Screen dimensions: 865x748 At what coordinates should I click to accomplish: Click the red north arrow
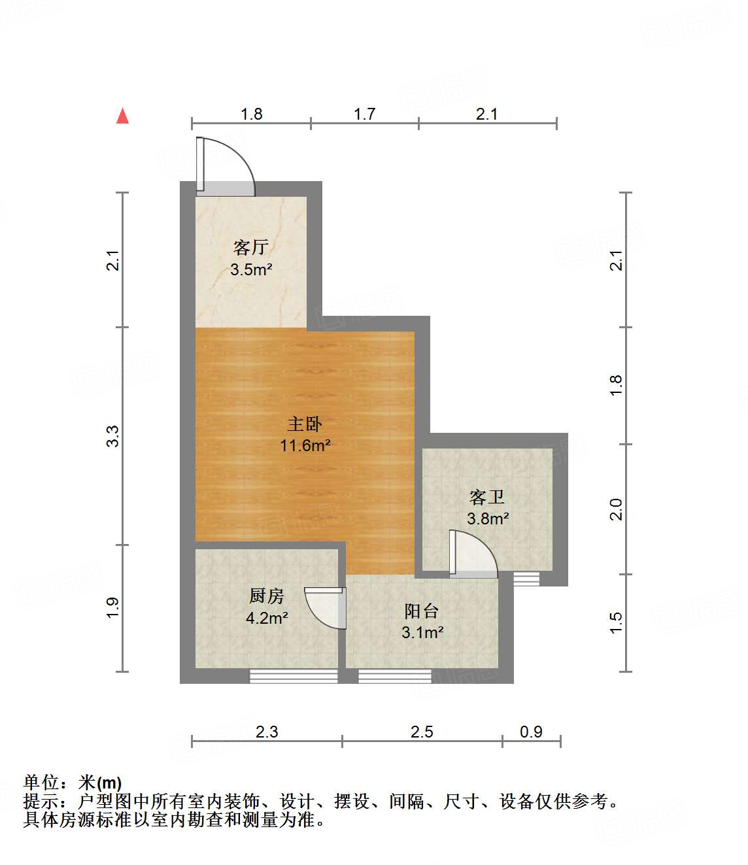coord(122,116)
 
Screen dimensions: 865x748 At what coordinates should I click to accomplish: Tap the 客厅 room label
coord(251,247)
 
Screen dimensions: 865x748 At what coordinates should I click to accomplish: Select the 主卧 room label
coord(305,424)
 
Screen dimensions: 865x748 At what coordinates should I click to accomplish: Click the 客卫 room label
coord(487,498)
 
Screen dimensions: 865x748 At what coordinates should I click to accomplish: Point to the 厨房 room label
coord(267,596)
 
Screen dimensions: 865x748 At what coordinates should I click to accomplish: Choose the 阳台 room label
coord(422,611)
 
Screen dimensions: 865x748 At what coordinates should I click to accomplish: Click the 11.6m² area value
coord(305,446)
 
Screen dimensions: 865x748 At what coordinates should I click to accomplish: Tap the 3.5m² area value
coord(251,269)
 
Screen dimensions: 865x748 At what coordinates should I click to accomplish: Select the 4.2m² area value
coord(267,618)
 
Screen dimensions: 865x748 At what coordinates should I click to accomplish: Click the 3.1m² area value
coord(422,633)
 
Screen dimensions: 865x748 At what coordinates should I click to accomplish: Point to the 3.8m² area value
coord(488,519)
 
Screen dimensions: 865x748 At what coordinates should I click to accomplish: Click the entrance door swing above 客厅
coord(226,166)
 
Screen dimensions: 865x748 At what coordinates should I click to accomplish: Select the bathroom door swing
coord(473,554)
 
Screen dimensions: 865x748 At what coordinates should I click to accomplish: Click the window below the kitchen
coord(294,676)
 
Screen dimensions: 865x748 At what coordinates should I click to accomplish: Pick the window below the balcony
coord(395,676)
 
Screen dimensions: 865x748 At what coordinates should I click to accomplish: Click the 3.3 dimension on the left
coord(113,436)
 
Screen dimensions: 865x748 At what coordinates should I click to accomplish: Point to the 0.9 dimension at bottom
coord(531,732)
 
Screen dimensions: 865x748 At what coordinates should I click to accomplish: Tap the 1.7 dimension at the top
coord(364,114)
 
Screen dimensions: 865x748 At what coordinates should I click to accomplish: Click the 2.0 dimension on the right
coord(615,509)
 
